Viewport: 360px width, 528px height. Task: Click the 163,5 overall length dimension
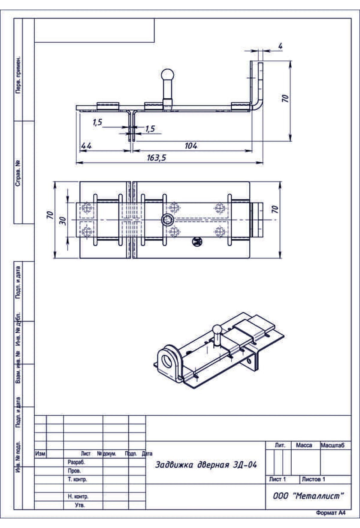[x=157, y=158]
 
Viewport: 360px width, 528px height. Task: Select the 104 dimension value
[x=191, y=146]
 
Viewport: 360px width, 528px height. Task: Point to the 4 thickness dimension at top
[x=280, y=46]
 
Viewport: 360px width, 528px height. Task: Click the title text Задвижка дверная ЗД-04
[x=206, y=465]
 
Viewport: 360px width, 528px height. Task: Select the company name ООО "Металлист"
[x=308, y=496]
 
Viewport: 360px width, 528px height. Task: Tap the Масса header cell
[x=304, y=445]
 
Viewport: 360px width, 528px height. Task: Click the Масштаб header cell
[x=333, y=445]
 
